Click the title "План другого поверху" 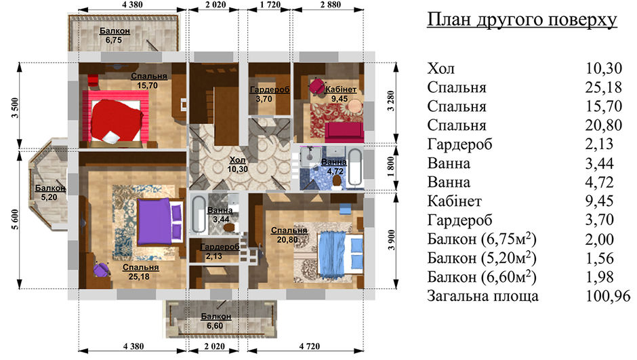coord(522,20)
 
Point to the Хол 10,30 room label coord(238,165)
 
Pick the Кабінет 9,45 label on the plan coord(341,94)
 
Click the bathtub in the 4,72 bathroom coord(355,167)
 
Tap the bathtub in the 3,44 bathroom coord(199,215)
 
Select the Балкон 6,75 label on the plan coord(115,35)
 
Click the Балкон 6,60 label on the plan coord(215,321)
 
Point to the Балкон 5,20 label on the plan coord(50,193)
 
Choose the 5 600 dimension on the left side coord(15,220)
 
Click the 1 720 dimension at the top coord(270,5)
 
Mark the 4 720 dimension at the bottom coord(309,346)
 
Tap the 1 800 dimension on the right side coord(391,167)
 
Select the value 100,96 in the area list coord(608,296)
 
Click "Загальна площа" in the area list coord(482,296)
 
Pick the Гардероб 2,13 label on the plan coord(220,252)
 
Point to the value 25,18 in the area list coord(604,87)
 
